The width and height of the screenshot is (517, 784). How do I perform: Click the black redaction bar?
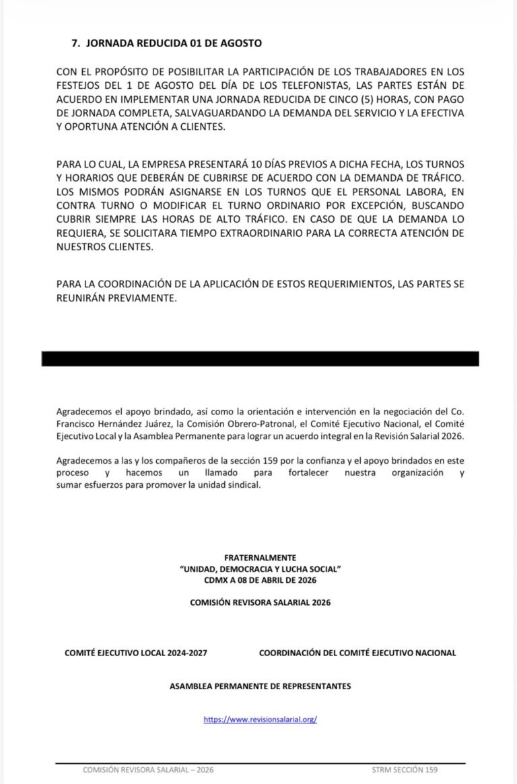[x=260, y=359]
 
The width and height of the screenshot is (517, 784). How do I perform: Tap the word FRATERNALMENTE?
[x=260, y=558]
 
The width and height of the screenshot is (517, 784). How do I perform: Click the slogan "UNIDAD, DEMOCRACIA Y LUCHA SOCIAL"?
[x=260, y=569]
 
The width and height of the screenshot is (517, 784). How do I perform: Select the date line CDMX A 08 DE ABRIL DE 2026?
[x=260, y=579]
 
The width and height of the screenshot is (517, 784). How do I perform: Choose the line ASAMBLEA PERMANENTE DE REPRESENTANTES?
[x=260, y=686]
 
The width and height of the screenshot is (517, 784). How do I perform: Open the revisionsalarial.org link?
[x=260, y=719]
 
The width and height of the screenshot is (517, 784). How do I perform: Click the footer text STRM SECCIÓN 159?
[x=405, y=770]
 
